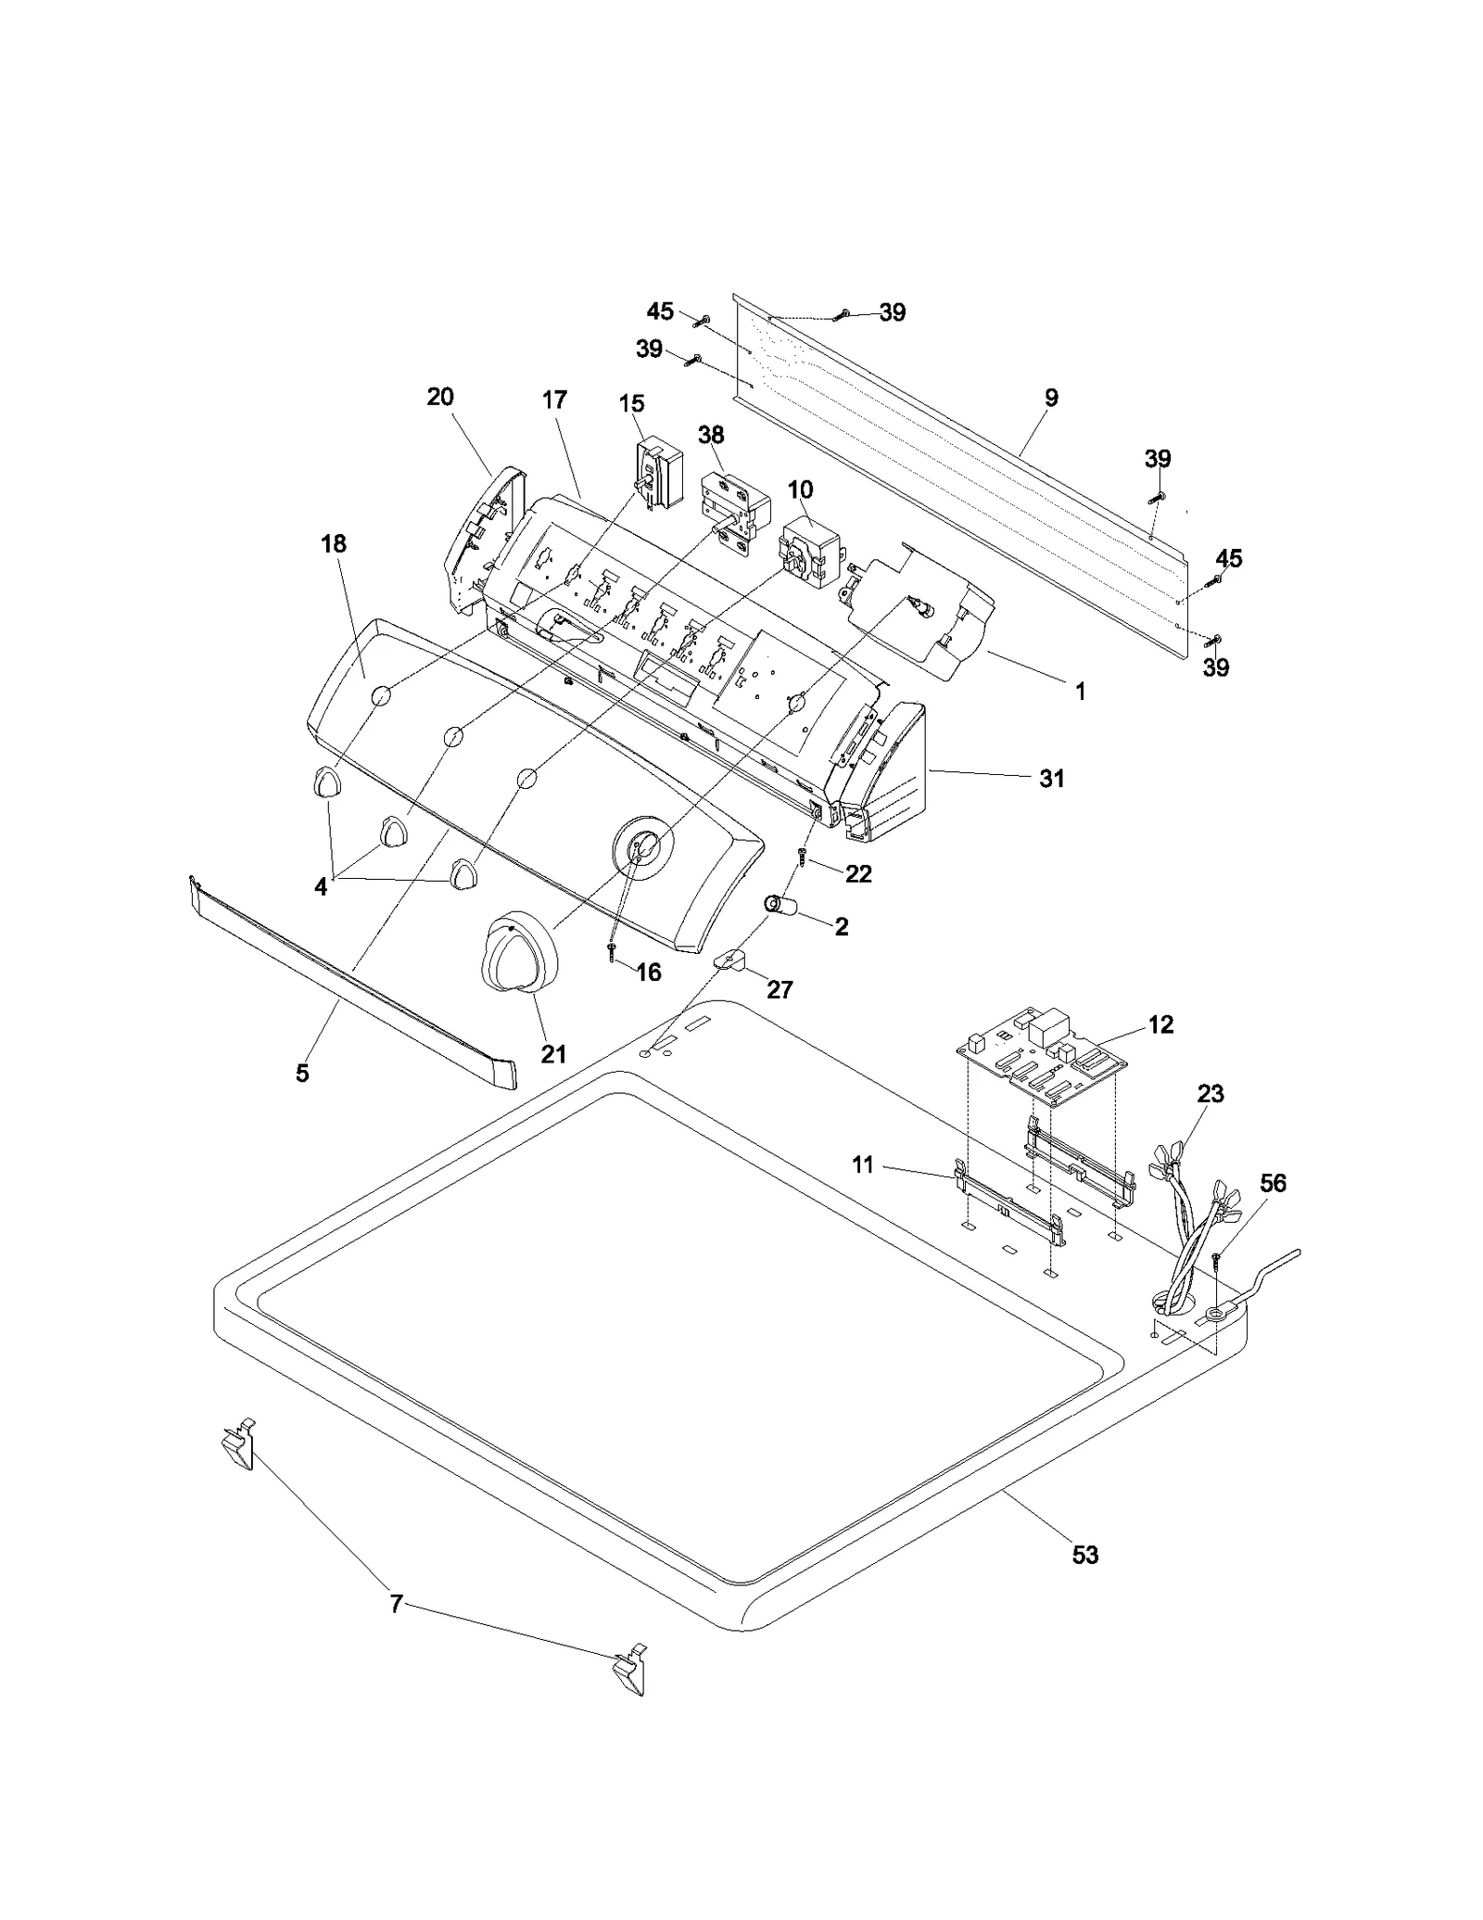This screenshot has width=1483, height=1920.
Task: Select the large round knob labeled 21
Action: tap(518, 955)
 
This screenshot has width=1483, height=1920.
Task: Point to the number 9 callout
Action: tap(1050, 398)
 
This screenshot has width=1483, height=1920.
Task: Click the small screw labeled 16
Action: tap(613, 952)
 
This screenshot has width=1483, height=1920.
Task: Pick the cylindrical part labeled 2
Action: tap(781, 905)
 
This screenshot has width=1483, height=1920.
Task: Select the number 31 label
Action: tap(1051, 779)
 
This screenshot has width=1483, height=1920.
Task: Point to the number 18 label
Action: tap(334, 544)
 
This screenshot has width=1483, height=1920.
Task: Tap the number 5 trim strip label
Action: tap(302, 1073)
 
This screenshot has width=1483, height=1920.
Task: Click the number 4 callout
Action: tap(321, 887)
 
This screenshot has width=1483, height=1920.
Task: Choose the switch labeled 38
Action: tap(735, 513)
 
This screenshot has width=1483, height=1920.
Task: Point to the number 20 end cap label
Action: tap(440, 397)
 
